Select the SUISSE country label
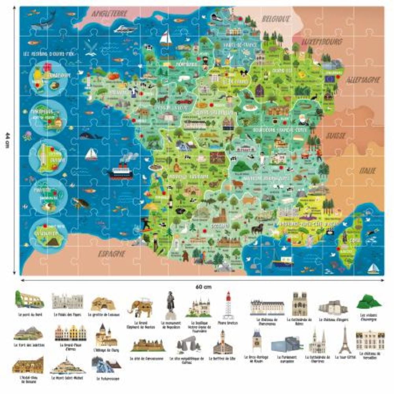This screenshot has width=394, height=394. click(335, 136)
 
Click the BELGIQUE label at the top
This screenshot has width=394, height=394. click(276, 18)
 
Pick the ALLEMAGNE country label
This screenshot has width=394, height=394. click(364, 80)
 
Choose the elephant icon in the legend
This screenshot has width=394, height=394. click(141, 307)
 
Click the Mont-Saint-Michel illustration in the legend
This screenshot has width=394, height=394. click(67, 366)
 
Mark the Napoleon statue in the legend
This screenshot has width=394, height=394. click(170, 306)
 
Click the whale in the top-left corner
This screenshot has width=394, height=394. click(44, 20)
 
